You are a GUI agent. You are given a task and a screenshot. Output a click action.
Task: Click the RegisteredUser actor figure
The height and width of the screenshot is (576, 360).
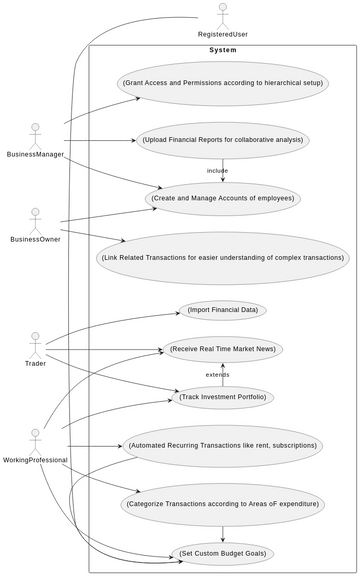(x=223, y=15)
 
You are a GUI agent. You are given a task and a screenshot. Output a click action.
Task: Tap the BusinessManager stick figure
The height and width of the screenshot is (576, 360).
(x=36, y=134)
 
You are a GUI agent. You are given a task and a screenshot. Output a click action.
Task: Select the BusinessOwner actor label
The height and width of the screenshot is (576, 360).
(x=36, y=240)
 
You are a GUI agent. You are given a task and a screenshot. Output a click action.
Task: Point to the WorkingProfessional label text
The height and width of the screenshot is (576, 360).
(x=36, y=460)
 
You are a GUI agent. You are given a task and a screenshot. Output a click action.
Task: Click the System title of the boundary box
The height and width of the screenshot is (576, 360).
(x=222, y=50)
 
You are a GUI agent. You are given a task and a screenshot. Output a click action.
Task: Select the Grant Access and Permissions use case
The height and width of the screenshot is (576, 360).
(x=222, y=83)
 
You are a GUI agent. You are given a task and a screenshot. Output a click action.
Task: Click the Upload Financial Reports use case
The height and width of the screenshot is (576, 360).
(x=222, y=140)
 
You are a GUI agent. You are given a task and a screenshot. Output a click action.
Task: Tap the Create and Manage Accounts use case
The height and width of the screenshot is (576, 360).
(x=222, y=198)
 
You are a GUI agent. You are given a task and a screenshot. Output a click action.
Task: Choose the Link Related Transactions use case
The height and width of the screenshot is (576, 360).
(x=222, y=258)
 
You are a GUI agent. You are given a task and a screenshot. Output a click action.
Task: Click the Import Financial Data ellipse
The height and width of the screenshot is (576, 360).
(x=222, y=310)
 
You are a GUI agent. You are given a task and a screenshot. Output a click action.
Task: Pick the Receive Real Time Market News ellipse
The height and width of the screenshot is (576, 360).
(x=222, y=349)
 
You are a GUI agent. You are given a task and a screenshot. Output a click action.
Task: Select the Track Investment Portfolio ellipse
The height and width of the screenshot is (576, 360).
(x=222, y=397)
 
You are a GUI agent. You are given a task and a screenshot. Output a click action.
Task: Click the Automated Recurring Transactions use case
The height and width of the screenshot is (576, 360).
(x=222, y=445)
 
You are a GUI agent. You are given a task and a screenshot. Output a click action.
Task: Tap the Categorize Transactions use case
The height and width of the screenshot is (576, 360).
(x=222, y=504)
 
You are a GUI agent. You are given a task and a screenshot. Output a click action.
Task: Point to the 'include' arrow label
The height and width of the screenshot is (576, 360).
(x=217, y=170)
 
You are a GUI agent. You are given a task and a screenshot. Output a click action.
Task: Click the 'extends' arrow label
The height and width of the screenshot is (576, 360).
(x=217, y=374)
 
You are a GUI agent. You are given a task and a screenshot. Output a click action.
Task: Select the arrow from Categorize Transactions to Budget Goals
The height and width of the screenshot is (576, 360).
(x=222, y=531)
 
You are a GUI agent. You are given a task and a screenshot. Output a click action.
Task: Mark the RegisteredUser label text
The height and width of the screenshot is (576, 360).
(x=223, y=34)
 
